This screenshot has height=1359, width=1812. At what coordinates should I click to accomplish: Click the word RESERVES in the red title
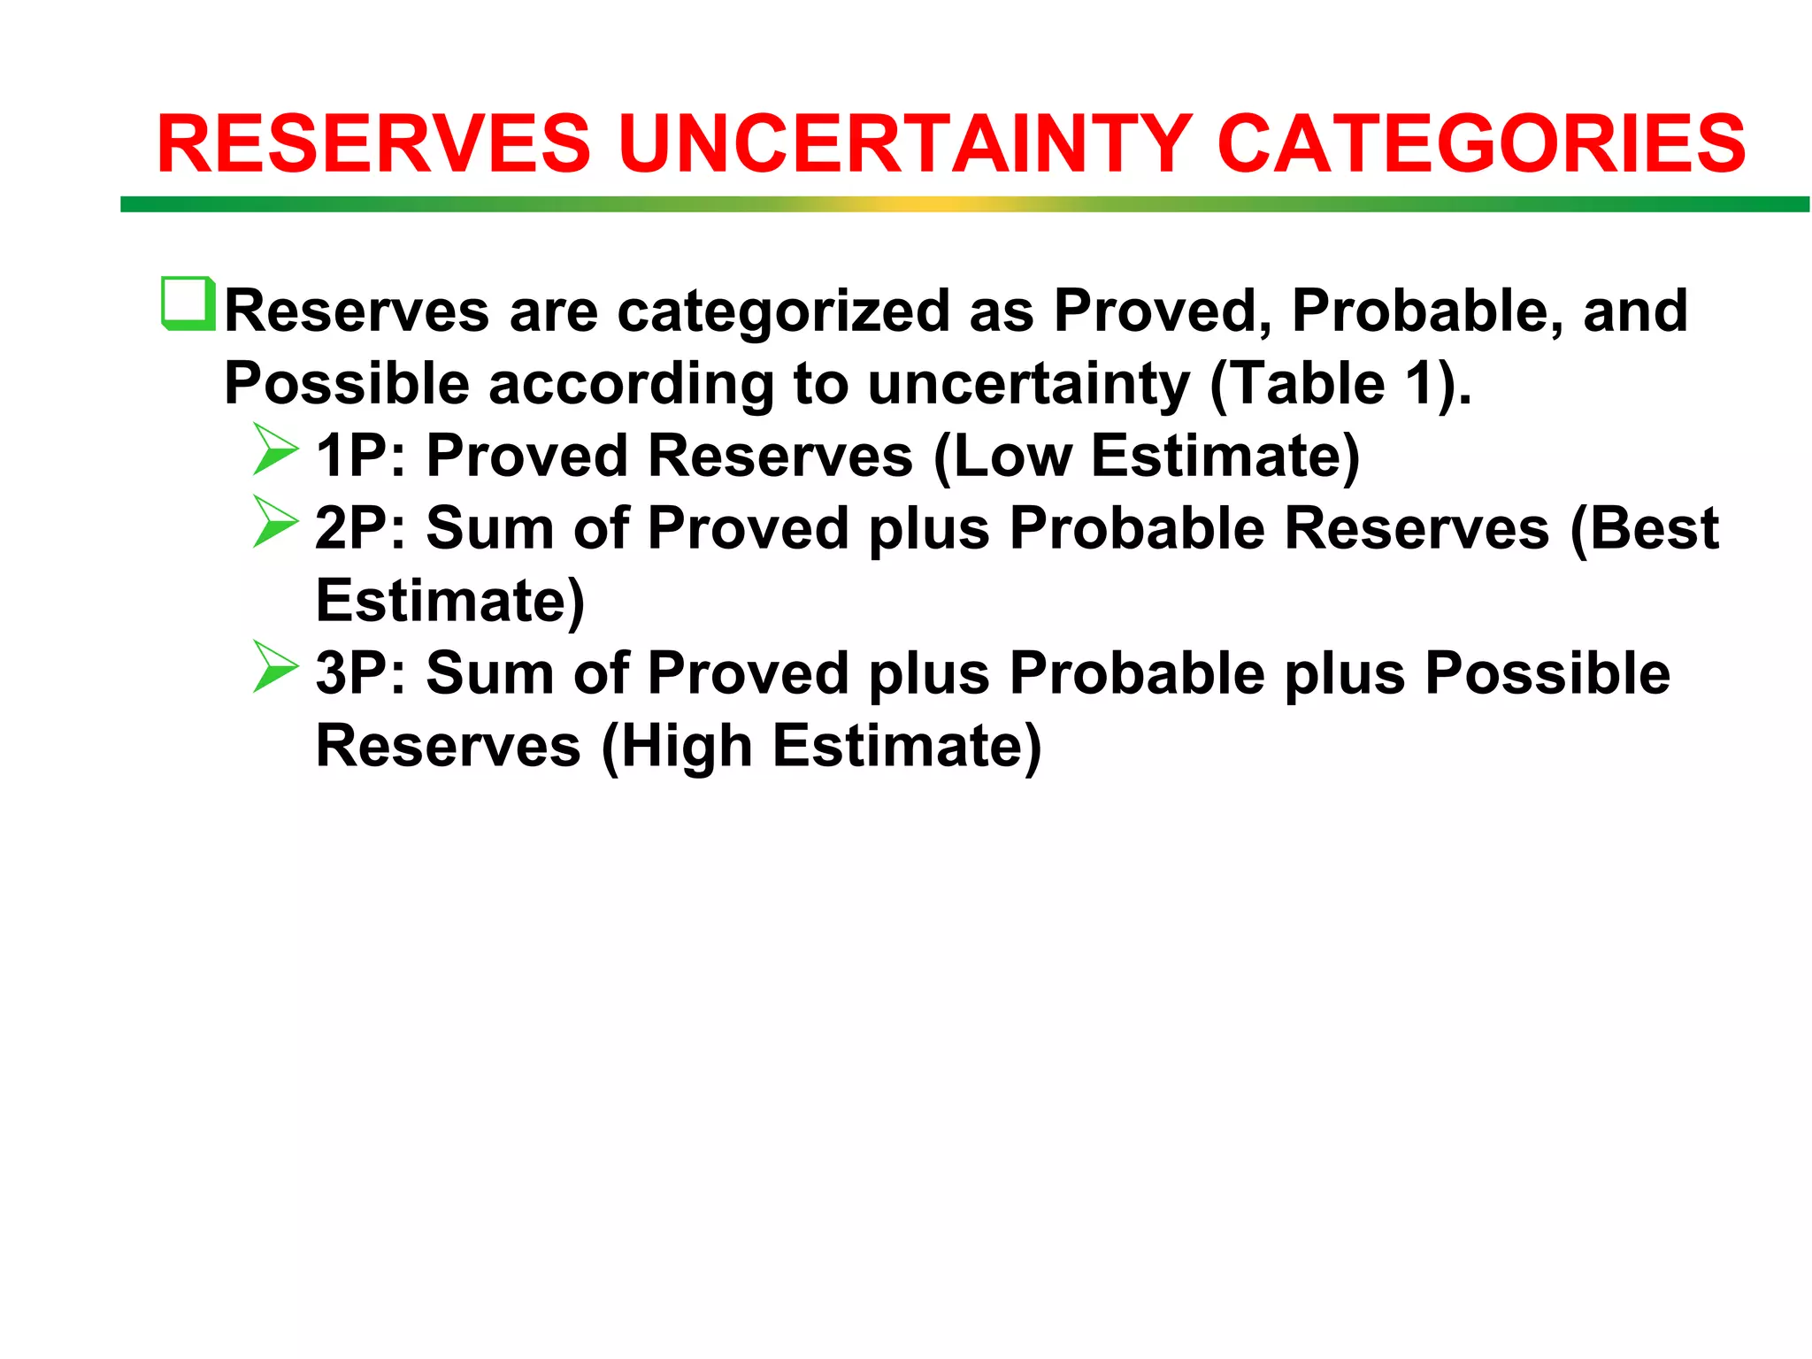click(373, 144)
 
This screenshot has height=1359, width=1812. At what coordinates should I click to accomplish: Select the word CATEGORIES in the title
click(1481, 144)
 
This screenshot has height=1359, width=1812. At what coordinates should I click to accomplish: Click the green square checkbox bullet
click(188, 303)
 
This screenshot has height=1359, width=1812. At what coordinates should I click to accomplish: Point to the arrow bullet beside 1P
click(275, 450)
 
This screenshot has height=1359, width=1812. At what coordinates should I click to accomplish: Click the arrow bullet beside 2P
click(275, 522)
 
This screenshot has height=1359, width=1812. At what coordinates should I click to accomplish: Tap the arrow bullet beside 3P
click(275, 667)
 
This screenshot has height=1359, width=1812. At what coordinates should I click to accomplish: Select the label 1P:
click(360, 456)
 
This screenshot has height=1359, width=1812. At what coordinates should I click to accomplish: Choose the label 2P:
click(360, 528)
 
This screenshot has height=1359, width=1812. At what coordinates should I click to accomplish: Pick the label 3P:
click(360, 673)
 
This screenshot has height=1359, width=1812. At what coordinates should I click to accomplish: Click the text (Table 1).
click(1339, 384)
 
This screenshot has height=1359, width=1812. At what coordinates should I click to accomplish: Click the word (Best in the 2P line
click(1644, 528)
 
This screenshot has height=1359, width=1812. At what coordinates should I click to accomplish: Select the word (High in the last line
click(676, 746)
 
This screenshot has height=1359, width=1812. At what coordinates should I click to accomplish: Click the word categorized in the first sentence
click(782, 311)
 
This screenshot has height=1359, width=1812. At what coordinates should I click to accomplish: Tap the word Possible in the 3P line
click(1547, 673)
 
